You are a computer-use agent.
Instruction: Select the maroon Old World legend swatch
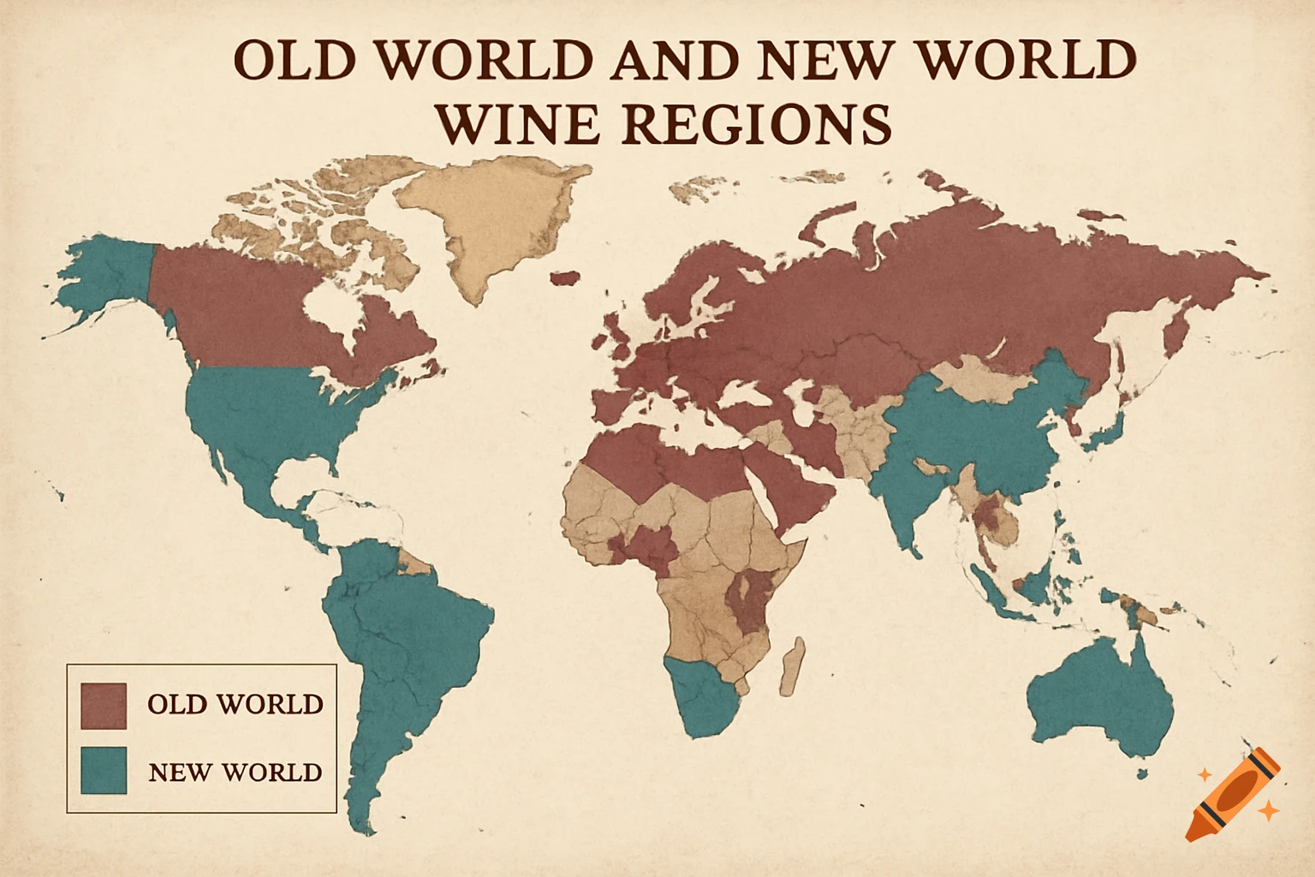[104, 705]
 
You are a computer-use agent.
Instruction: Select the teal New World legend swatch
[104, 770]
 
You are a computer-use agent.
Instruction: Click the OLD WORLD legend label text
[235, 705]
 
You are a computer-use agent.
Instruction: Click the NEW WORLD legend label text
[235, 773]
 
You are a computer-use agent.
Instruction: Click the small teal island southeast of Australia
[1141, 773]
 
